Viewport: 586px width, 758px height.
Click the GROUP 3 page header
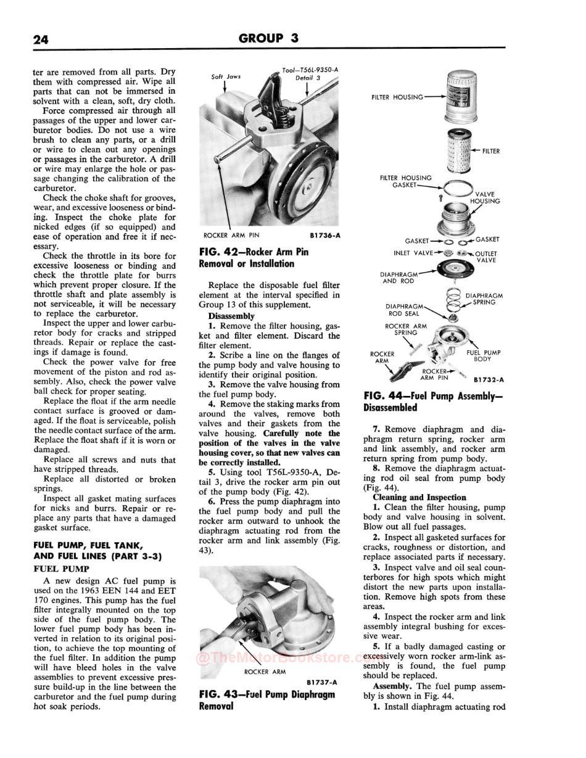[268, 38]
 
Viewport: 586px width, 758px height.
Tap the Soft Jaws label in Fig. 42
[226, 77]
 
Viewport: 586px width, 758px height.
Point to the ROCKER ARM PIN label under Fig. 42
[231, 235]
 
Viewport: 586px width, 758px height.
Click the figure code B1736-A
[324, 235]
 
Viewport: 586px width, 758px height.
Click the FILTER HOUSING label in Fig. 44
[397, 97]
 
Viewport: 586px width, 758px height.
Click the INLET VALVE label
[413, 253]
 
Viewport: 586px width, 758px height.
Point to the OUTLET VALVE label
[486, 257]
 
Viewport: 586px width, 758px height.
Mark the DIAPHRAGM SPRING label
[484, 299]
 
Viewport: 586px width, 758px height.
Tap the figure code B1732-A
[489, 380]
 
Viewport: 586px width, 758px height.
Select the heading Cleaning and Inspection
[419, 497]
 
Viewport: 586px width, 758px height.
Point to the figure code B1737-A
[321, 682]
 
